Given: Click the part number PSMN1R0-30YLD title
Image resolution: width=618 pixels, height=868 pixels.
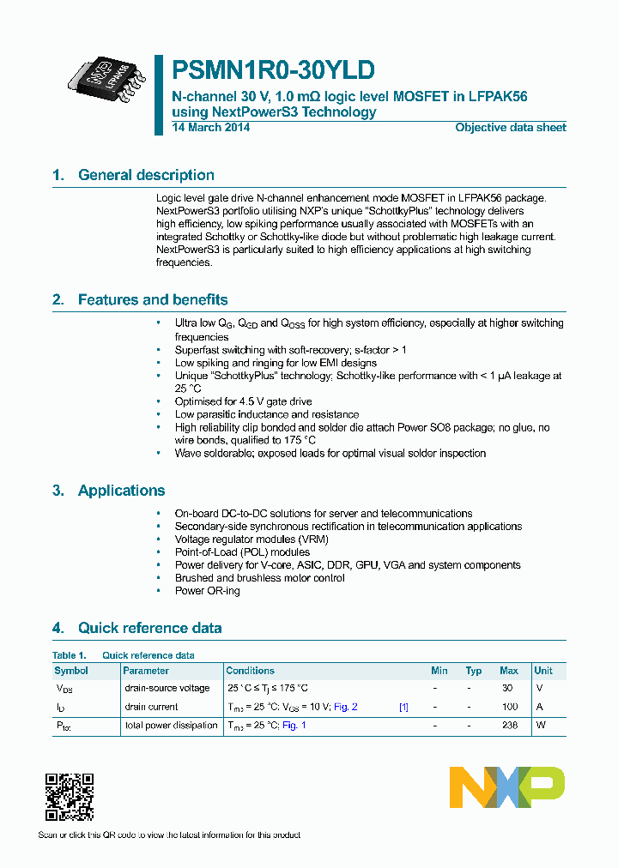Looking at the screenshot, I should tap(273, 69).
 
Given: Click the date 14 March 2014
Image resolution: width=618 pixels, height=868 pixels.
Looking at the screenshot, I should tap(211, 128).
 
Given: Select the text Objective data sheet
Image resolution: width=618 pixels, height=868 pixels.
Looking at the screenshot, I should tap(510, 128).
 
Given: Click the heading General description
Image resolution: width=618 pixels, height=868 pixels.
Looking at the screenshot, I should tap(146, 175).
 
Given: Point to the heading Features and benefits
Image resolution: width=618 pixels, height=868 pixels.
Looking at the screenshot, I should tap(153, 300).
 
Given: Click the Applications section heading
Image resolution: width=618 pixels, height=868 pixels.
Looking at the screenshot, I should tap(121, 491).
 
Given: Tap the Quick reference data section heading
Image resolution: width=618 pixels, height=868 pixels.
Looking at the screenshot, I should tap(149, 628).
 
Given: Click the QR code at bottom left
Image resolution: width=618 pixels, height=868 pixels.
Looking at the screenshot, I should tap(69, 797).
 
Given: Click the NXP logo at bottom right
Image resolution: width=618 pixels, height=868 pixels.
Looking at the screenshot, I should tap(507, 787).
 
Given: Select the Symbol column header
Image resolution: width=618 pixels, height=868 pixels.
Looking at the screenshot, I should tap(71, 671).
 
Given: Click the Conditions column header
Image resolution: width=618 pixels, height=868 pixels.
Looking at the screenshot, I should tap(250, 671).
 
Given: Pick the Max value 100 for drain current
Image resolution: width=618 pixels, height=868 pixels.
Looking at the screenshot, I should tap(510, 707).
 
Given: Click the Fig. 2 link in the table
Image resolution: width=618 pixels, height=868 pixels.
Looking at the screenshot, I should tap(345, 707).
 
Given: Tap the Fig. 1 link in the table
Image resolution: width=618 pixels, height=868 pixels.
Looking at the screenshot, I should tap(294, 726).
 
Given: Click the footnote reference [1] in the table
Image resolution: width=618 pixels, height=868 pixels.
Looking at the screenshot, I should tap(403, 707).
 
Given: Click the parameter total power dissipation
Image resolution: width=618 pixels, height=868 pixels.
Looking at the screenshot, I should tap(171, 726).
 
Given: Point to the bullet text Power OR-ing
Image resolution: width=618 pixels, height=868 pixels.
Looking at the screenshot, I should tap(208, 591).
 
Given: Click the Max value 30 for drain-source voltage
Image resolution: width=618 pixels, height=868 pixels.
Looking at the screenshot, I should tap(507, 688).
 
